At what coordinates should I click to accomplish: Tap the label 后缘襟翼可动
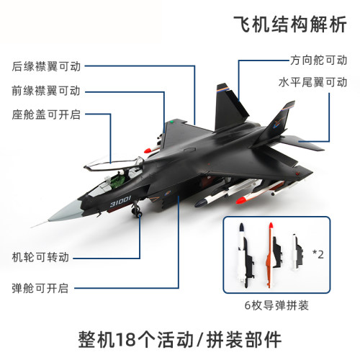pyautogui.click(x=45, y=66)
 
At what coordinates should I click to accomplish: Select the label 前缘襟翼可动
pyautogui.click(x=45, y=91)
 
